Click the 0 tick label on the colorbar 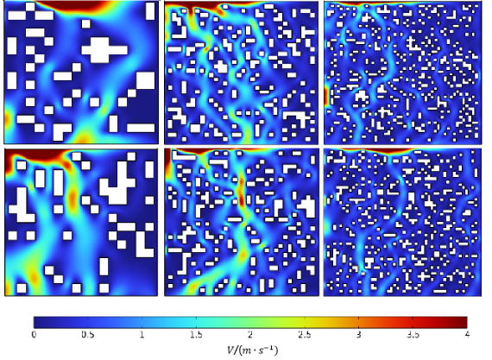[x=34, y=335]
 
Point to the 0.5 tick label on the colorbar [x=88, y=335]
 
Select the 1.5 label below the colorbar [x=196, y=335]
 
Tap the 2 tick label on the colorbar [x=250, y=335]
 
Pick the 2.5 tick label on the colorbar [x=305, y=335]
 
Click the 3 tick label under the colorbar [x=359, y=335]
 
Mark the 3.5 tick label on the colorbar [x=413, y=335]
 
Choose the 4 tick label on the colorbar [x=467, y=335]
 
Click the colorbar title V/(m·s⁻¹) [x=252, y=350]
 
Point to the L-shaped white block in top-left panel [x=60, y=129]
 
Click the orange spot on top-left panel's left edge [x=7, y=120]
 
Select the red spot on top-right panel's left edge [x=326, y=97]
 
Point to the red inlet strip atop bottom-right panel [x=382, y=151]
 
